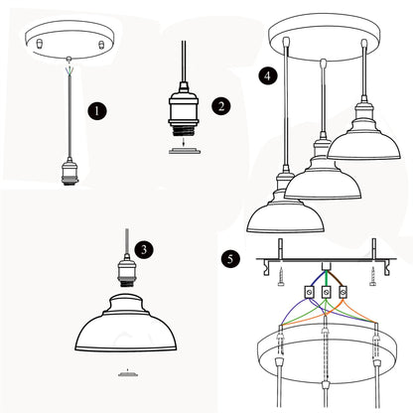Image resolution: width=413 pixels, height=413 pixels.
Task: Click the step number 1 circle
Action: (97, 111)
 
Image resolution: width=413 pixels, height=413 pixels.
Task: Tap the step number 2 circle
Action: (221, 106)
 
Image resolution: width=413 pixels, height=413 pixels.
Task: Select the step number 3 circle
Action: (144, 249)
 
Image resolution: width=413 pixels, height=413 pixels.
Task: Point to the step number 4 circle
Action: (267, 75)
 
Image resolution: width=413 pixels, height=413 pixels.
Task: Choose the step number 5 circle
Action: (230, 258)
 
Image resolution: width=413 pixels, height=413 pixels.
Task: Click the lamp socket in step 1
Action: (69, 172)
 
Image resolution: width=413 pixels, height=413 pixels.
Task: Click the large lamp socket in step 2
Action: (183, 111)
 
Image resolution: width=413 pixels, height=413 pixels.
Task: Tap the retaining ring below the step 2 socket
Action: (185, 151)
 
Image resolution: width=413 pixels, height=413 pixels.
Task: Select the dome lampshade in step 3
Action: (126, 323)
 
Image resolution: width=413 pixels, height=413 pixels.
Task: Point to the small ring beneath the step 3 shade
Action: (128, 374)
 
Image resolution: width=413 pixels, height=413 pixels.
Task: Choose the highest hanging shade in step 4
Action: (364, 139)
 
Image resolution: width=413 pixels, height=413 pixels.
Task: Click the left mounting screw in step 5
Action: (281, 277)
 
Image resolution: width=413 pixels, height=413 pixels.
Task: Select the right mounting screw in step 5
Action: (372, 277)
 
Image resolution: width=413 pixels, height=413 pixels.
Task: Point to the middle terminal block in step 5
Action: (326, 292)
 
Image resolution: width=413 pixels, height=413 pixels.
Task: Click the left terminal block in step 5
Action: (309, 292)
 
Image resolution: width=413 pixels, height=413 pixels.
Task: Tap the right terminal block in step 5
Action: (344, 292)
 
